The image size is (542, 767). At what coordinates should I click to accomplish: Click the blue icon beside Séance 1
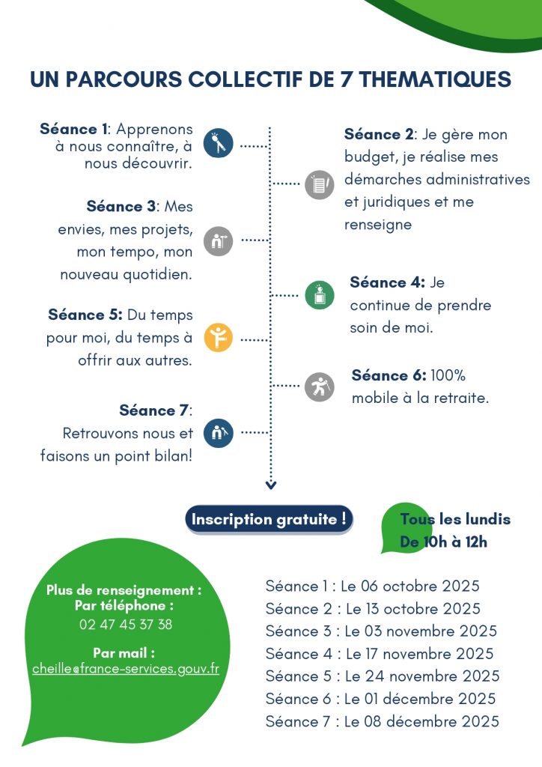(x=218, y=143)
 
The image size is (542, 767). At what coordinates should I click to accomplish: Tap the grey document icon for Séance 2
(x=320, y=184)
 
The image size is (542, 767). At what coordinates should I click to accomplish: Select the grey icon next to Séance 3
(x=218, y=241)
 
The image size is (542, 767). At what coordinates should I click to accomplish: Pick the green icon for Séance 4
(x=320, y=295)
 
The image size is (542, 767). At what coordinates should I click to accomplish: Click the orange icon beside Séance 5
(x=218, y=338)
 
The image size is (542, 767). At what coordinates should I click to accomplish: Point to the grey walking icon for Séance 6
(x=320, y=386)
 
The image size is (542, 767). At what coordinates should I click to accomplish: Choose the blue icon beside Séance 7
(x=218, y=433)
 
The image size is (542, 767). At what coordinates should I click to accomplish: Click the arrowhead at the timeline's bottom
(x=271, y=485)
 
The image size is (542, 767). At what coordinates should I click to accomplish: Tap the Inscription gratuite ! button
(x=269, y=519)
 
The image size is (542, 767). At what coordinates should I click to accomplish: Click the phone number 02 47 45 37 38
(x=126, y=624)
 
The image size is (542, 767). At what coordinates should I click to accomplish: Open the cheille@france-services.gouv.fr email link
(x=126, y=669)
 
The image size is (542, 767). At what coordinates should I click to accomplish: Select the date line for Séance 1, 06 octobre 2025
(x=372, y=586)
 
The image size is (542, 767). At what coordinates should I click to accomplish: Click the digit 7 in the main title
(x=347, y=79)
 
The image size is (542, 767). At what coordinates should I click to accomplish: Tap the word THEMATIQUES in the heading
(x=435, y=79)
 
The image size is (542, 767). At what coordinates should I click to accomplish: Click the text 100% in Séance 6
(x=448, y=375)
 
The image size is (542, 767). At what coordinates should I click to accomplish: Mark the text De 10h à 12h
(x=443, y=542)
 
